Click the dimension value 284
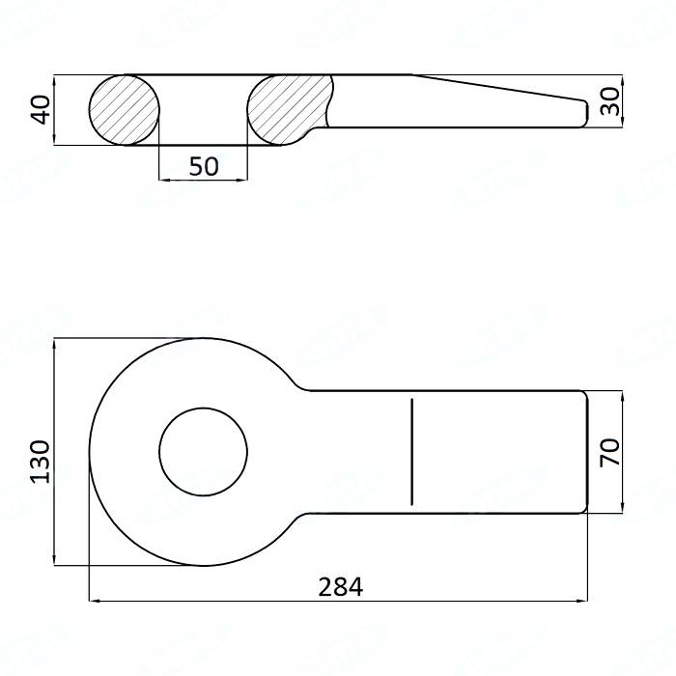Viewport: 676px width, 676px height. [x=339, y=586]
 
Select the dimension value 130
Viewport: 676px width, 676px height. [x=40, y=462]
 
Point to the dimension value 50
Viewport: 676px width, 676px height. [x=203, y=166]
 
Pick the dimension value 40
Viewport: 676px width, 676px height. [x=40, y=109]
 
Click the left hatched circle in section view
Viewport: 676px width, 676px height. [x=125, y=109]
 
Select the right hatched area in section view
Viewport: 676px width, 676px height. [x=288, y=108]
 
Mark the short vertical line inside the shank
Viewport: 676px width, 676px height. [x=412, y=451]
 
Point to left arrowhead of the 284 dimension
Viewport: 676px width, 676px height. [x=94, y=601]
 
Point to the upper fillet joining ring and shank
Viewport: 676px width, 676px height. [x=300, y=384]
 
